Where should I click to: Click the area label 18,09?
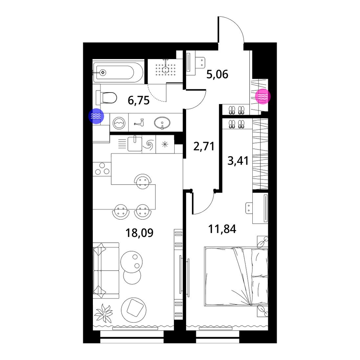point(139,233)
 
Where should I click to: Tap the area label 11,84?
point(222,229)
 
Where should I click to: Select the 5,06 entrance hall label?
point(217,75)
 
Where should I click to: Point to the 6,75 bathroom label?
point(139,100)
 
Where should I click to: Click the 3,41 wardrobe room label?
point(238,161)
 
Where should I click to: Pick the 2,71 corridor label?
point(204,146)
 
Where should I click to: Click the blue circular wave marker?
point(96,116)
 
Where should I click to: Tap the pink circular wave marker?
point(263,96)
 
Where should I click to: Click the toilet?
point(106,98)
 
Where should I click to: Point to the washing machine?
point(119,123)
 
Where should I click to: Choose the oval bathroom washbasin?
point(162,123)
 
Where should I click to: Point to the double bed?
point(236,276)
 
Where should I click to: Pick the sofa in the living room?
point(106,270)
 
